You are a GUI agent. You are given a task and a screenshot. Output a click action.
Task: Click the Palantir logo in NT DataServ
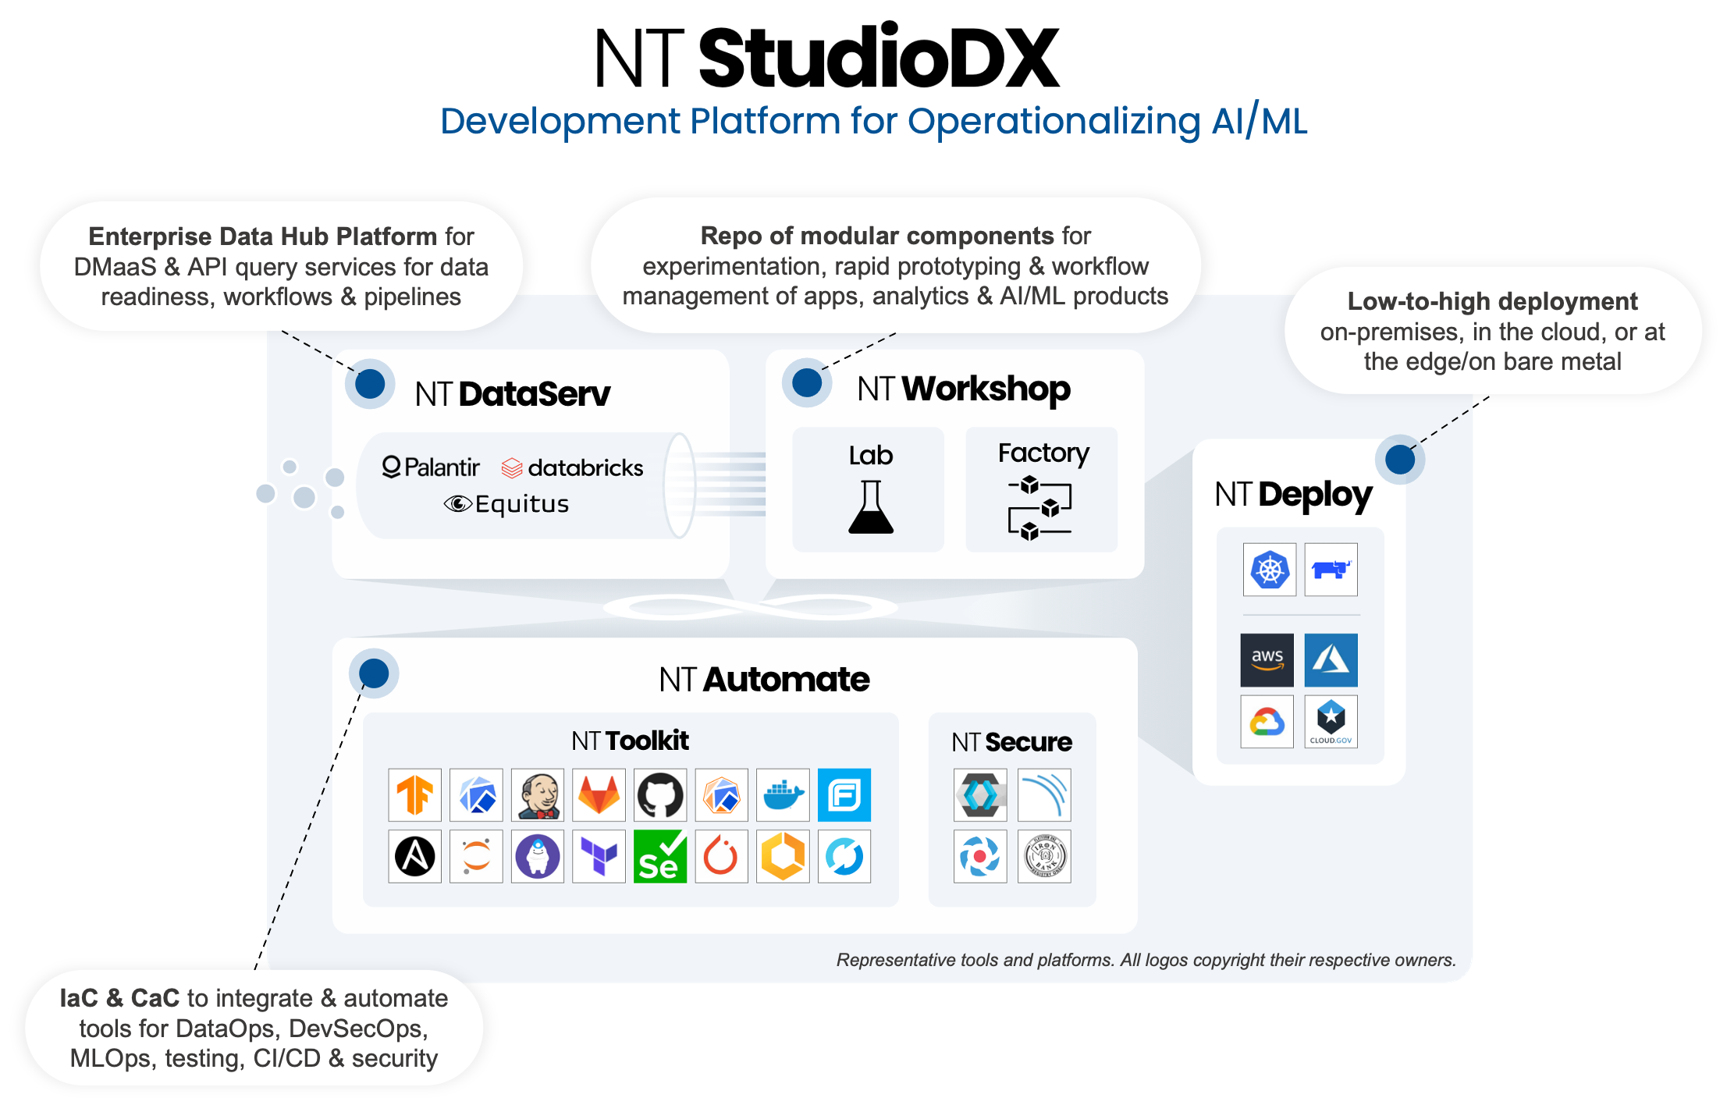[431, 467]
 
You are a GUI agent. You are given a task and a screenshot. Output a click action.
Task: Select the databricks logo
[573, 467]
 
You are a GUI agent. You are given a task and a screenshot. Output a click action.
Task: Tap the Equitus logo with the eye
[506, 504]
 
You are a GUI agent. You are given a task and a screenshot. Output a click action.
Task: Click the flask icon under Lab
[870, 507]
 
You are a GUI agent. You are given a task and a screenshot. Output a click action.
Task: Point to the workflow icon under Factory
[1040, 508]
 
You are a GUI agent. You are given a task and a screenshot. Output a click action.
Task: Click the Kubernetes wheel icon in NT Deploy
[1269, 570]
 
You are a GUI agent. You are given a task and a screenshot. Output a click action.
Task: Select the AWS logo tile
[1267, 660]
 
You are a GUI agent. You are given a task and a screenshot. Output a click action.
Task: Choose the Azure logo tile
[1331, 660]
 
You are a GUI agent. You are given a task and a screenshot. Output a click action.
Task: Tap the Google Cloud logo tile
[1267, 722]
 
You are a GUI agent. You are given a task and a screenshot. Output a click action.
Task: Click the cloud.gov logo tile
[1331, 722]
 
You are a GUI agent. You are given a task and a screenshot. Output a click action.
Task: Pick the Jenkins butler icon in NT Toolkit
[538, 795]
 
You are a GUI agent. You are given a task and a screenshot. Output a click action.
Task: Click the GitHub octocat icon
[660, 795]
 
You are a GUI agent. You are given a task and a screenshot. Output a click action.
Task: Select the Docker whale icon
[783, 795]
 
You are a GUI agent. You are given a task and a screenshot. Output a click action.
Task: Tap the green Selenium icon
[660, 857]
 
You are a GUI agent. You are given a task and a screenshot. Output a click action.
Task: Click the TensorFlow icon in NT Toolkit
[415, 795]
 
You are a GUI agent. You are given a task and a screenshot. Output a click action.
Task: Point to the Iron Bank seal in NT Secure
[1044, 857]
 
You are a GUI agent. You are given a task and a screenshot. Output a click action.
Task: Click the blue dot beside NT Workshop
[807, 383]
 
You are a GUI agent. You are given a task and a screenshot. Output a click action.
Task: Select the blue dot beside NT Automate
[374, 673]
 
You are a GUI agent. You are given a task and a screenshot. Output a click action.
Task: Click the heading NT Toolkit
[630, 741]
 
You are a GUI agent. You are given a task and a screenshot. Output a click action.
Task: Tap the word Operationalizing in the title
[1054, 122]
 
